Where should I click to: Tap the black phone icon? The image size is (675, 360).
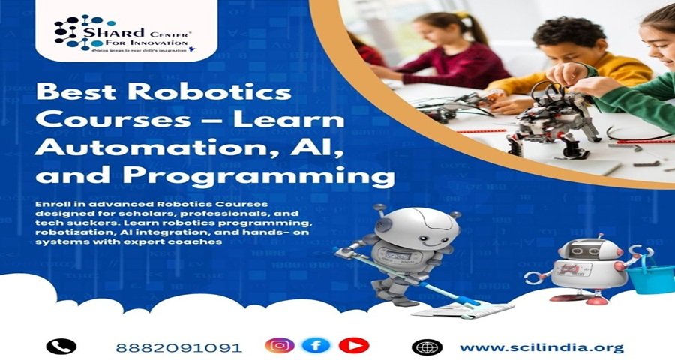click(x=61, y=346)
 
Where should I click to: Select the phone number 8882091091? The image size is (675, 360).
click(x=178, y=347)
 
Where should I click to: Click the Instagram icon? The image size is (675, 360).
click(x=279, y=346)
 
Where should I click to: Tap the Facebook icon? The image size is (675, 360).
click(x=316, y=346)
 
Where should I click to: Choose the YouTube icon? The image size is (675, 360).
click(x=353, y=346)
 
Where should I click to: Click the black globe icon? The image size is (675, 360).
click(x=427, y=346)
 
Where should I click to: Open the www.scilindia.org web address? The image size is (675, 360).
click(x=541, y=347)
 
